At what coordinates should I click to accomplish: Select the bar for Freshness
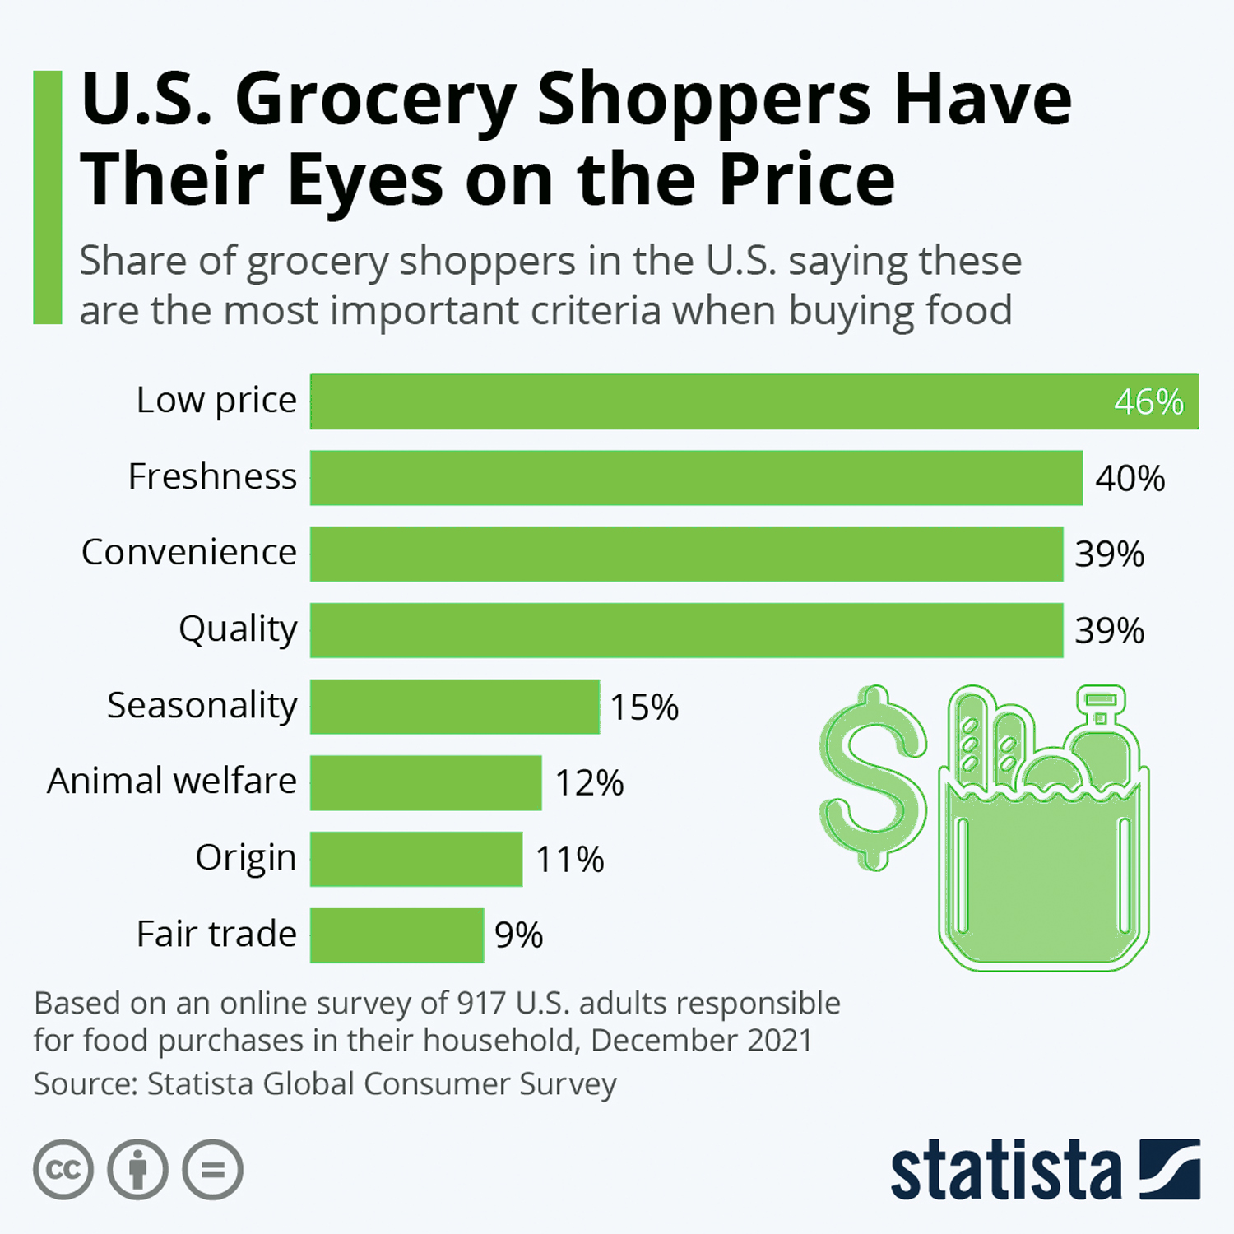pos(695,478)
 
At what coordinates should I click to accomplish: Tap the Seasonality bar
pos(454,707)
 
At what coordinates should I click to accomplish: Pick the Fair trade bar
pos(397,935)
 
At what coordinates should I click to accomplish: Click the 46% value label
pos(1148,402)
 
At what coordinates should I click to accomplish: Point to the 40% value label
pos(1130,479)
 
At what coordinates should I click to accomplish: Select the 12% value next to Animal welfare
pos(589,783)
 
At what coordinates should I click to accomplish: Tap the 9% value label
pos(518,935)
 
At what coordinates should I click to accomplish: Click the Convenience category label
pos(189,552)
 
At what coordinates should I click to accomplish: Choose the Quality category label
pos(238,629)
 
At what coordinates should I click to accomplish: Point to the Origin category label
pos(245,858)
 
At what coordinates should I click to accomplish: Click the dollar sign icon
pos(872,777)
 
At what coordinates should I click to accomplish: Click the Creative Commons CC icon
pos(63,1169)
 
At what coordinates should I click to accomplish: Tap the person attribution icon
pos(137,1169)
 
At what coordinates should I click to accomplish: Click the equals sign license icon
pos(212,1169)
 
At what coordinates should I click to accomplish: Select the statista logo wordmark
pos(1005,1171)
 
